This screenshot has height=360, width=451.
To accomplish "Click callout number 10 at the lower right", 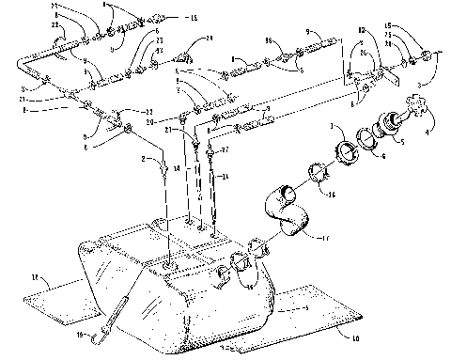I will coord(355,336).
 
